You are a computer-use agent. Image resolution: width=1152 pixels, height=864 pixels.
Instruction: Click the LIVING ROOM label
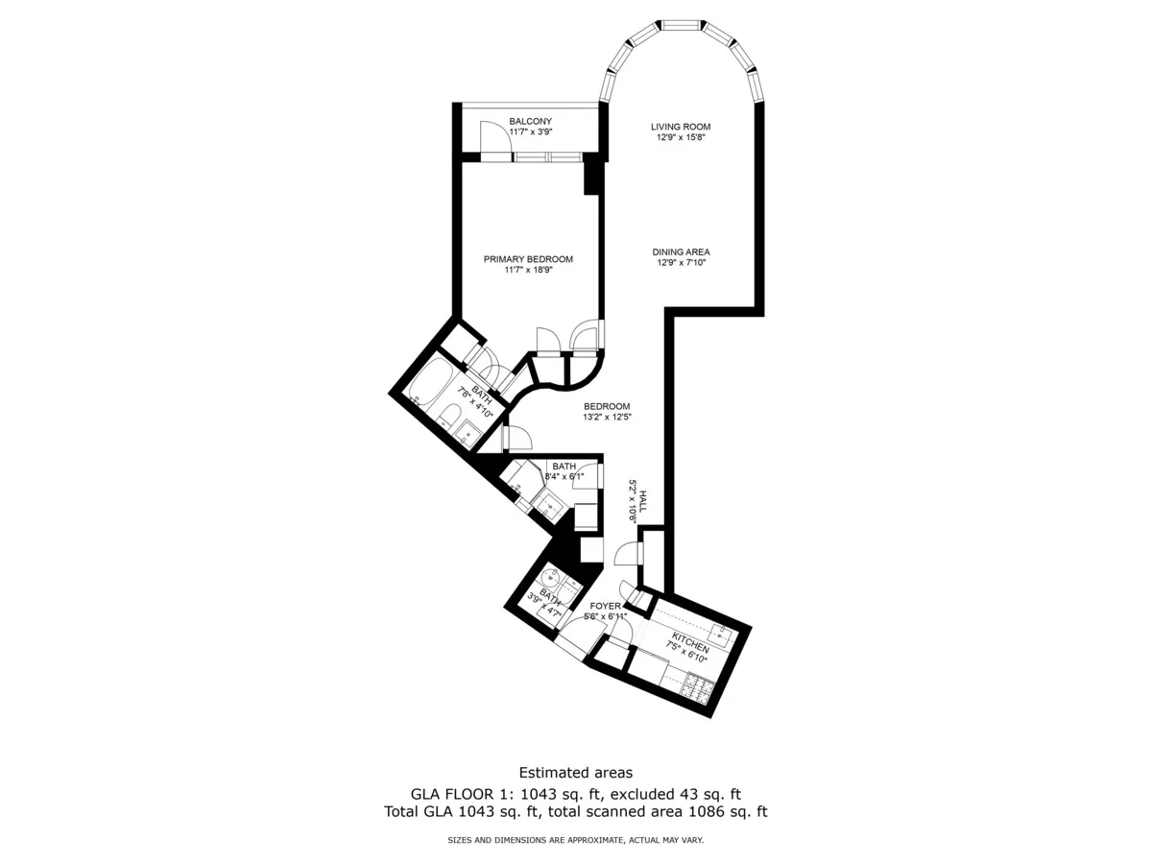click(681, 127)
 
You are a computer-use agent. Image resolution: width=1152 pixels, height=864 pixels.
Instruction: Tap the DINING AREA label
click(681, 252)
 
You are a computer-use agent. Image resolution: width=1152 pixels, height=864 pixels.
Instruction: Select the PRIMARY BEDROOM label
click(528, 259)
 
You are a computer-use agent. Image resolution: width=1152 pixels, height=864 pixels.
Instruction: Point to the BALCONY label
click(531, 122)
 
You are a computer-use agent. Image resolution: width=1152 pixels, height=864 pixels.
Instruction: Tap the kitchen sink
click(722, 636)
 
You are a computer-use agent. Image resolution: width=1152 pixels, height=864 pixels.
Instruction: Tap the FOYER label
click(605, 606)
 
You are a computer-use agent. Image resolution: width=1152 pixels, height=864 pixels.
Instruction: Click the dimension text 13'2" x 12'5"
click(607, 417)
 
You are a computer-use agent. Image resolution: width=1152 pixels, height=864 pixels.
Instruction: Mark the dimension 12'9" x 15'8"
click(681, 137)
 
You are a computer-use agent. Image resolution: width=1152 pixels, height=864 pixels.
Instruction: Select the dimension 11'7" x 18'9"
click(528, 270)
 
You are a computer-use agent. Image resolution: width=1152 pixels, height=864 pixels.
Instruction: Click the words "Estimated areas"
click(576, 773)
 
